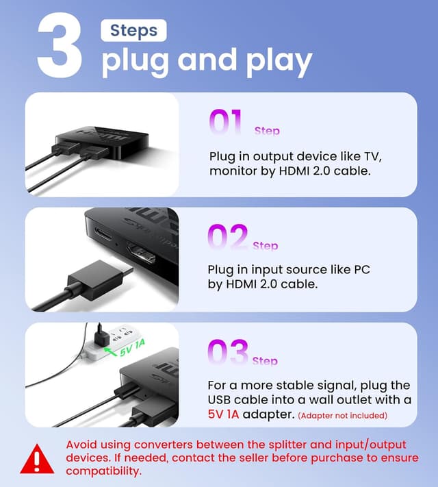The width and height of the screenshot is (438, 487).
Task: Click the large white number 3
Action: pos(60,45)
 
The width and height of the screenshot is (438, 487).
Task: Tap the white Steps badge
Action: pos(133,30)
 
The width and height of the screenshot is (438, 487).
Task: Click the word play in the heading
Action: pos(279,62)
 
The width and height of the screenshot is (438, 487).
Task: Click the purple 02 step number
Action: pos(227,237)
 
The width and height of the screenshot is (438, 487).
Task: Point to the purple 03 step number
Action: pos(228,351)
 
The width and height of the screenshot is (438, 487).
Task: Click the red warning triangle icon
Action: pos(37,459)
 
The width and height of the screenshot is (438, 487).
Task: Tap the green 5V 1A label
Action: pos(133,348)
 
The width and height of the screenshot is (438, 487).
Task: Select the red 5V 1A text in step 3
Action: pos(223,414)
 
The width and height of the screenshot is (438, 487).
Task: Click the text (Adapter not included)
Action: pos(342,415)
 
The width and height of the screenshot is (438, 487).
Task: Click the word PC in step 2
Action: pos(362,269)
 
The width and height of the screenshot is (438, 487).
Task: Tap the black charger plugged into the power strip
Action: pos(101,336)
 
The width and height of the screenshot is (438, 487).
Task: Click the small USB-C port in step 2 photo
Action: pos(103,234)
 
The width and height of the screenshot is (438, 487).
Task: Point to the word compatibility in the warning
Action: pos(103,471)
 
